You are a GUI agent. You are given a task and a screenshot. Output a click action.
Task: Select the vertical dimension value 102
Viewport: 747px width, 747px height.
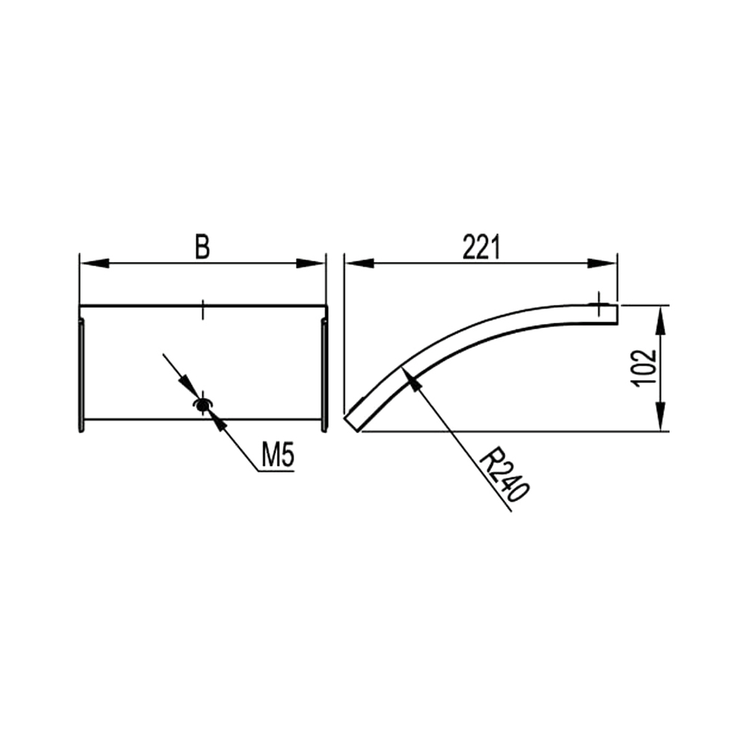[x=645, y=368]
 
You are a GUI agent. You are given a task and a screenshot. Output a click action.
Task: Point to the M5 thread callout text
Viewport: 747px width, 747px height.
[x=278, y=455]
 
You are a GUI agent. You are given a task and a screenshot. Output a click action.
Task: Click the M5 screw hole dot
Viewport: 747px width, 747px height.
[x=202, y=406]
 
